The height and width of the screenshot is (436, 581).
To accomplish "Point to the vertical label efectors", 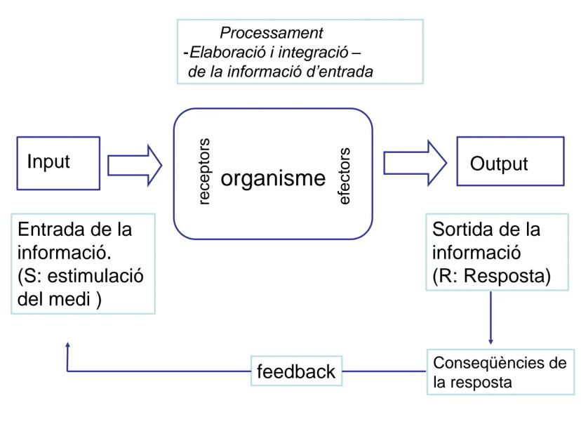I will [345, 176].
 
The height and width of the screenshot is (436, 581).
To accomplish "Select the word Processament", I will [272, 32].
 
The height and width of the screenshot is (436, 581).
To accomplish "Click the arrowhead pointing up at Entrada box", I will [67, 345].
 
